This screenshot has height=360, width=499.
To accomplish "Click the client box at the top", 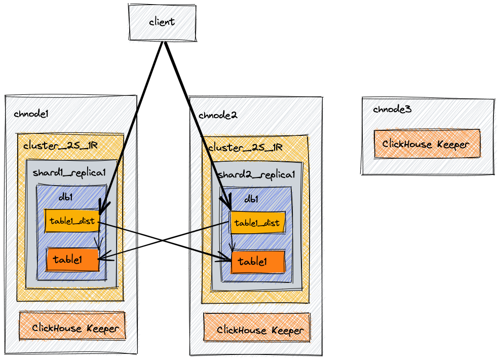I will [x=162, y=22].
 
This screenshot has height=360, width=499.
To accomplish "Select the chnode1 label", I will [x=31, y=114].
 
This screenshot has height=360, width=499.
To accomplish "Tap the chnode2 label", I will [x=217, y=115].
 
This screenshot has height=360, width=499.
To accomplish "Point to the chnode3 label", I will [x=392, y=109].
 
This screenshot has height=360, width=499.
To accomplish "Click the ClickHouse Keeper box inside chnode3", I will [x=426, y=144].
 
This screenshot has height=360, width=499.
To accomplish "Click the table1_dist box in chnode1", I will [x=72, y=222].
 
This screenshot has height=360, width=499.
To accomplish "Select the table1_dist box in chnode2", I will [x=257, y=223].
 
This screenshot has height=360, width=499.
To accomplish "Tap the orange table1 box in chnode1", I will [x=71, y=260].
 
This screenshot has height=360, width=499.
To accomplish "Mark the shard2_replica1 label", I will [x=256, y=175].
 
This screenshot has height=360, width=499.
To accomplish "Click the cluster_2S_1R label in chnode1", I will [x=60, y=146].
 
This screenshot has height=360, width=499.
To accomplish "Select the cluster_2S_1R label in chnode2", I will [x=245, y=148].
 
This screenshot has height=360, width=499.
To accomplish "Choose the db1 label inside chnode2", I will [x=251, y=199].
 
